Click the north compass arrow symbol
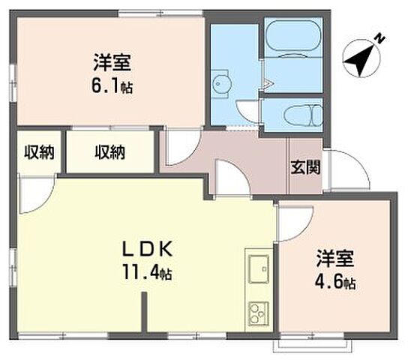pos(362,57)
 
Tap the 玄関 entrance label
pos(305,166)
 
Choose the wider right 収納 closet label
pos(109,153)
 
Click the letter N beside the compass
pos(380,37)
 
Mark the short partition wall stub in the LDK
pos(144,311)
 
